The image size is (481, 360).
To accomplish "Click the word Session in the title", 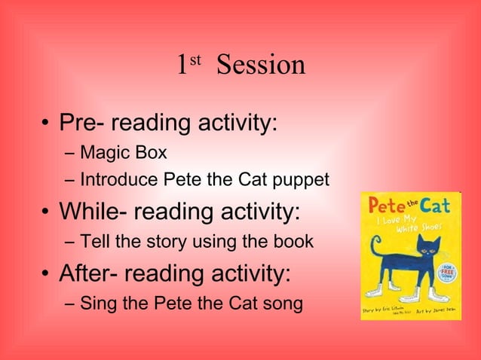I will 260,66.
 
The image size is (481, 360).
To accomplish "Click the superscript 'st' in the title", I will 195,59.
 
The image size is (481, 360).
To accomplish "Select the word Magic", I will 106,153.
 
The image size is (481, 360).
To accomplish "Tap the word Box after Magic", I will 151,153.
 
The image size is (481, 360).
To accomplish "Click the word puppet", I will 300,182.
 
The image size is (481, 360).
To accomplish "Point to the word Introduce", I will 114,181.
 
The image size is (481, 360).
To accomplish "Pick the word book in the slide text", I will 295,243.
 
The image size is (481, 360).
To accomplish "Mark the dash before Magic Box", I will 70,154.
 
